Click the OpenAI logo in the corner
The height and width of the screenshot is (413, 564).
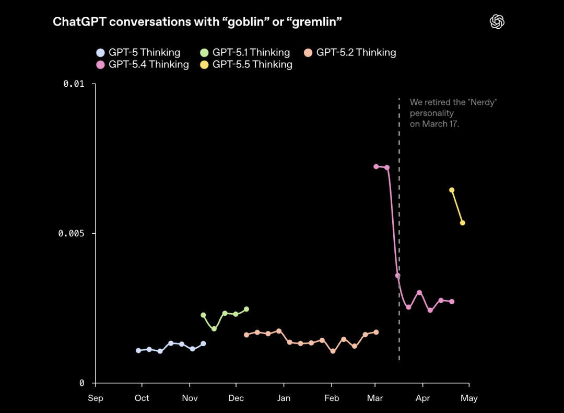(497, 21)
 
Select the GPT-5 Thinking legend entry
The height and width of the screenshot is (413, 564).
(138, 52)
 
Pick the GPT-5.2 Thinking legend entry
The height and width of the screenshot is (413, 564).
(350, 52)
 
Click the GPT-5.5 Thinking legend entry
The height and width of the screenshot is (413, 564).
(246, 64)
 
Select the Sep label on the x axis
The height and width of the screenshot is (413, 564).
(96, 398)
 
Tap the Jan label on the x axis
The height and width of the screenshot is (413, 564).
(284, 398)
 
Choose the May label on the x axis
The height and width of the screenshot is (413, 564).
(469, 398)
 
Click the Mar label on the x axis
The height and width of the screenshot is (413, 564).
(375, 398)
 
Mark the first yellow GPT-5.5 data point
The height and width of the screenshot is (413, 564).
(452, 190)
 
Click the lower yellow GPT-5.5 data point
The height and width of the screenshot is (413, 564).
(463, 223)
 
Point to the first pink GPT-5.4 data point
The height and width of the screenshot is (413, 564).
(376, 167)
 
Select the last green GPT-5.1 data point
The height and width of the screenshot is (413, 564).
(246, 309)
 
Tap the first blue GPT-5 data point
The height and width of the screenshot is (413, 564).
(138, 351)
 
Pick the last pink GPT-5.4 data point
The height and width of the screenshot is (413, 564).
(452, 302)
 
